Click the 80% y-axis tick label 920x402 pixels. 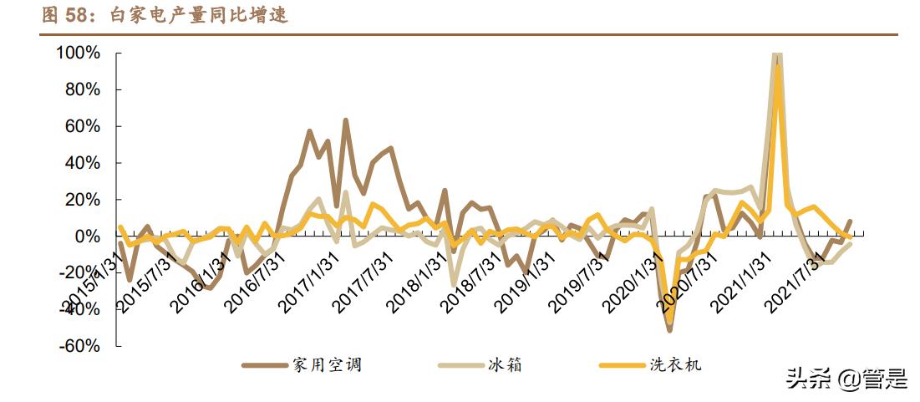click(x=82, y=90)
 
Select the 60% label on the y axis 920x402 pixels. click(x=82, y=127)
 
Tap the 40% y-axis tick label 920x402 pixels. click(x=82, y=163)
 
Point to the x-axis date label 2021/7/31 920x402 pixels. click(x=797, y=281)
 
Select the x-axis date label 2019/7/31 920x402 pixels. click(x=582, y=281)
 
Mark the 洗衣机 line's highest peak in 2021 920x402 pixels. click(x=778, y=67)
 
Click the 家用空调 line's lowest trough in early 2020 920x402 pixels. click(x=669, y=331)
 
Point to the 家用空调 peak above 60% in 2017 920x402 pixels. click(x=345, y=120)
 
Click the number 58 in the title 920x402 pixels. click(x=76, y=15)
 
